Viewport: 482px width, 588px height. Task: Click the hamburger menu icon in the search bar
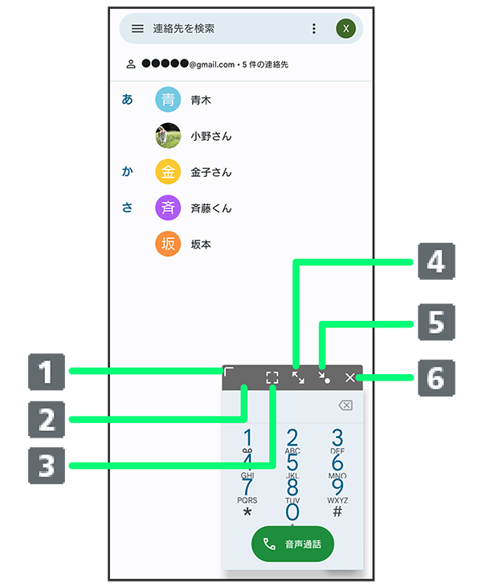(137, 29)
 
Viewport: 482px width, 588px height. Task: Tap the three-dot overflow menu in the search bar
(313, 29)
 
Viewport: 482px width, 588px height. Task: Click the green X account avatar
(345, 29)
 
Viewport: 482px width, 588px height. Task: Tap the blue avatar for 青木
(168, 101)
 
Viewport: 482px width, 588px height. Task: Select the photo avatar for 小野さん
(168, 136)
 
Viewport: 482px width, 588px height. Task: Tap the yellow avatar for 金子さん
(168, 172)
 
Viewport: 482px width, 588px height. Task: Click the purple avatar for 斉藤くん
(168, 208)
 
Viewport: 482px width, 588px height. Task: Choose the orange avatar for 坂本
(168, 244)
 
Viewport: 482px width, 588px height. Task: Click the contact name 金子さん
(211, 172)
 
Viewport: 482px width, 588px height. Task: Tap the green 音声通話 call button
(292, 545)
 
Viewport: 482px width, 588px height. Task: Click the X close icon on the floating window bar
(350, 377)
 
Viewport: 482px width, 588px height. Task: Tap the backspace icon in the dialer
(345, 405)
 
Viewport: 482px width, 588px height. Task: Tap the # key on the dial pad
(337, 512)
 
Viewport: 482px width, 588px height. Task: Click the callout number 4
(435, 262)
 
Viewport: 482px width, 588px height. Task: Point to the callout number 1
(47, 372)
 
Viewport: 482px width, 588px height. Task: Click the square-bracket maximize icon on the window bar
(272, 377)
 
